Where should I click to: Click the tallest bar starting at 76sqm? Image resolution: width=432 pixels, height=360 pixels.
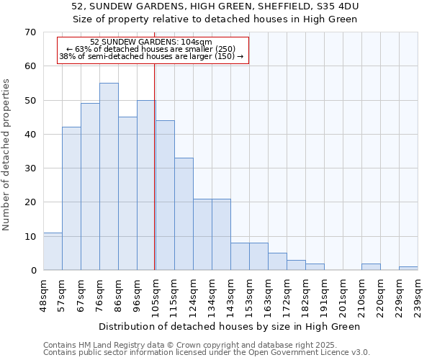[x=109, y=176]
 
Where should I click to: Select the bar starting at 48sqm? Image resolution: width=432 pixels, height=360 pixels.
[x=53, y=251]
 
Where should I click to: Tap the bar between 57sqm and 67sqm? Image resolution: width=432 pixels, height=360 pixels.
[x=71, y=199]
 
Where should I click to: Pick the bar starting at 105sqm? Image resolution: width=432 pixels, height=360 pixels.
[x=165, y=195]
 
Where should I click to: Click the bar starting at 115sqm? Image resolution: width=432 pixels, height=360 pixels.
[x=184, y=214]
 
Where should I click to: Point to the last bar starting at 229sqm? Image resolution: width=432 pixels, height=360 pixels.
[x=408, y=269]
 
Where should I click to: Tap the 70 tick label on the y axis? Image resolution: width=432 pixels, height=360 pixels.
[x=30, y=32]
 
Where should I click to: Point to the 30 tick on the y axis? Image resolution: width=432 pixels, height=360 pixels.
[x=30, y=168]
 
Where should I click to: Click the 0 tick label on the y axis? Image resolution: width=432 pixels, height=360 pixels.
[x=32, y=271]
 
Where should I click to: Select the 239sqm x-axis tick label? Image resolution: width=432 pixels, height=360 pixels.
[x=418, y=295]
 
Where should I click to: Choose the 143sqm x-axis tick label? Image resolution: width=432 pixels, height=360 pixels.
[x=231, y=295]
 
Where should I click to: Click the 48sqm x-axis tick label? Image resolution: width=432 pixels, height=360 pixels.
[x=44, y=295]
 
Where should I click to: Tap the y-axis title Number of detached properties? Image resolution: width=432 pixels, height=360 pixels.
[x=6, y=155]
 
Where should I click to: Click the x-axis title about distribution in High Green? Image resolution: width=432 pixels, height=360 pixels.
[x=229, y=326]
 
